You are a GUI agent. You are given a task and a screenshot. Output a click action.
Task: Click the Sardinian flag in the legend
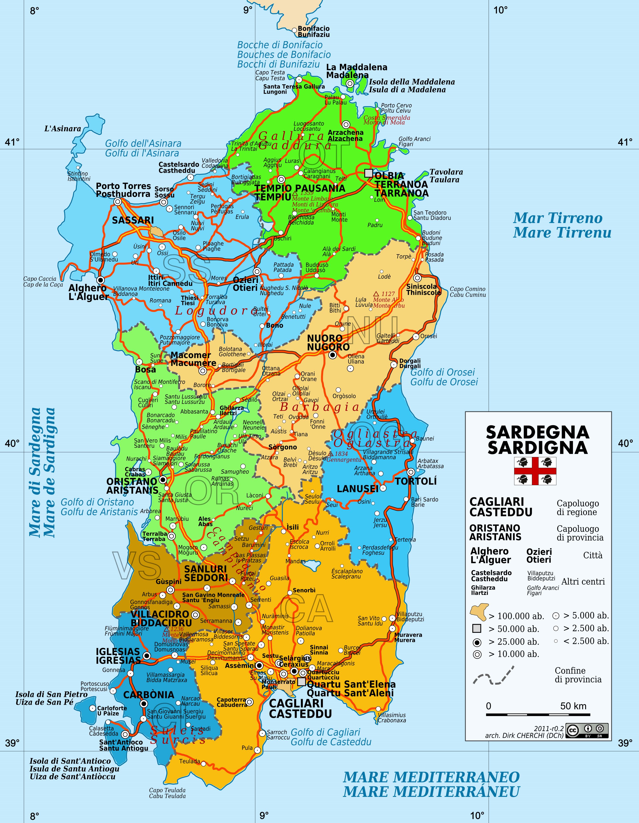click(535, 471)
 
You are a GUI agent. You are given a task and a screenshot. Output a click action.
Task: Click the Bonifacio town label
click(314, 29)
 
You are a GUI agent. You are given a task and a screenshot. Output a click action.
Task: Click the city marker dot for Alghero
click(100, 280)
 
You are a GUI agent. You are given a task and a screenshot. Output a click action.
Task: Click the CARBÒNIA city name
click(149, 694)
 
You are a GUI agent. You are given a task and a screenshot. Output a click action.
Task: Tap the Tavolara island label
click(446, 172)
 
